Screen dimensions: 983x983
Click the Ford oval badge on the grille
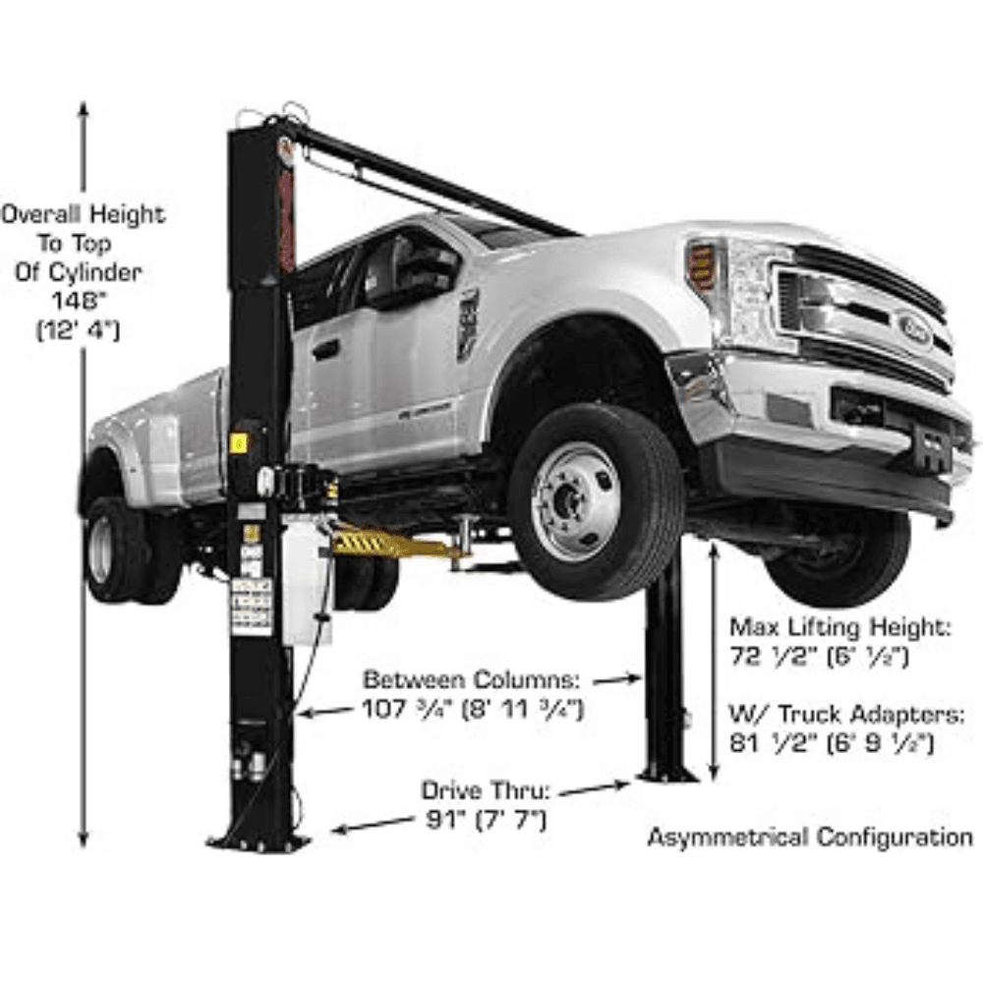coord(915,328)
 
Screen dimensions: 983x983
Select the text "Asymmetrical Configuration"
coord(810,837)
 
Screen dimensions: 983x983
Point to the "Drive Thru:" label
coord(486,790)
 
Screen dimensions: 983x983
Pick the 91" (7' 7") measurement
coord(486,820)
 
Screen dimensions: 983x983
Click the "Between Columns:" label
coord(472,679)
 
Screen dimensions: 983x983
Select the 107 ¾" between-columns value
coord(474,709)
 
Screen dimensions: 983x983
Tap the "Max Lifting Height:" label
coord(840,627)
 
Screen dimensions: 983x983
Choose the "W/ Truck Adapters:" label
coord(846,714)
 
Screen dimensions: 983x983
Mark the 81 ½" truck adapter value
coord(832,743)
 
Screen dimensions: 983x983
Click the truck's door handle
coord(325,350)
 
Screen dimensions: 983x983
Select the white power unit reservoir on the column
coord(306,580)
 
